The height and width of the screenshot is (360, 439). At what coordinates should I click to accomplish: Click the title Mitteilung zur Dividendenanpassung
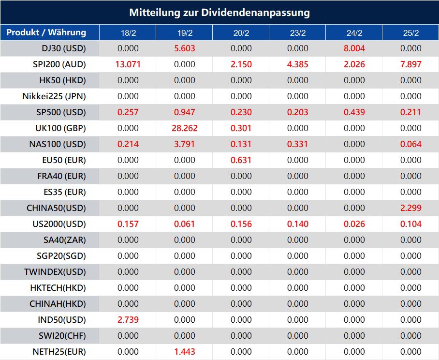(219, 12)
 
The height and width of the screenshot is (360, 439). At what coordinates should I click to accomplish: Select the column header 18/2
(128, 33)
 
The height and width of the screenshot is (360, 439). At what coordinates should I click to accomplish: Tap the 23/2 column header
(297, 33)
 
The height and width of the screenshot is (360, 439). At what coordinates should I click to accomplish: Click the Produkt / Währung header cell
(46, 32)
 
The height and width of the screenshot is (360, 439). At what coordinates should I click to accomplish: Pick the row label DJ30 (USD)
(62, 48)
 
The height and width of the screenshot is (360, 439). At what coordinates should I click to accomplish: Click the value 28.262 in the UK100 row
(184, 128)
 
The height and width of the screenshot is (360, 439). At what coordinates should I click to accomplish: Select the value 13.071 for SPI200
(128, 64)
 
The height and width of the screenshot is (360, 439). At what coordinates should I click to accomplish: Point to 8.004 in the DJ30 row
(354, 48)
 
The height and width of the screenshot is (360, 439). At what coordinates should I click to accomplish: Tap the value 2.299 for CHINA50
(410, 208)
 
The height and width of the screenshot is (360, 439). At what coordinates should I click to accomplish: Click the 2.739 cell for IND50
(128, 320)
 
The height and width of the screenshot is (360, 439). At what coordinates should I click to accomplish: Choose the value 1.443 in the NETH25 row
(184, 352)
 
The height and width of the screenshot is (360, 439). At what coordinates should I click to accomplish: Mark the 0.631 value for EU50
(241, 160)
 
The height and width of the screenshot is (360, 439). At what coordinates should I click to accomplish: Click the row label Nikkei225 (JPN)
(54, 96)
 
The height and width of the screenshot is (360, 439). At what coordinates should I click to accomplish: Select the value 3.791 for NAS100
(184, 144)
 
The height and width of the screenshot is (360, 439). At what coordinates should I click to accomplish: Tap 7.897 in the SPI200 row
(410, 64)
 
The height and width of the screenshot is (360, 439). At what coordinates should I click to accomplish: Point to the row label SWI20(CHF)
(62, 336)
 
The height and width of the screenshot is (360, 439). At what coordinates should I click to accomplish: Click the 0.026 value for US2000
(354, 224)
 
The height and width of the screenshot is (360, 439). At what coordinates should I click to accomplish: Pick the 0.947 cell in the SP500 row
(184, 112)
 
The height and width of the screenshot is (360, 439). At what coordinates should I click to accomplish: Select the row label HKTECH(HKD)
(58, 288)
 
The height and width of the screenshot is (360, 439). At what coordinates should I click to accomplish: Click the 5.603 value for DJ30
(184, 48)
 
